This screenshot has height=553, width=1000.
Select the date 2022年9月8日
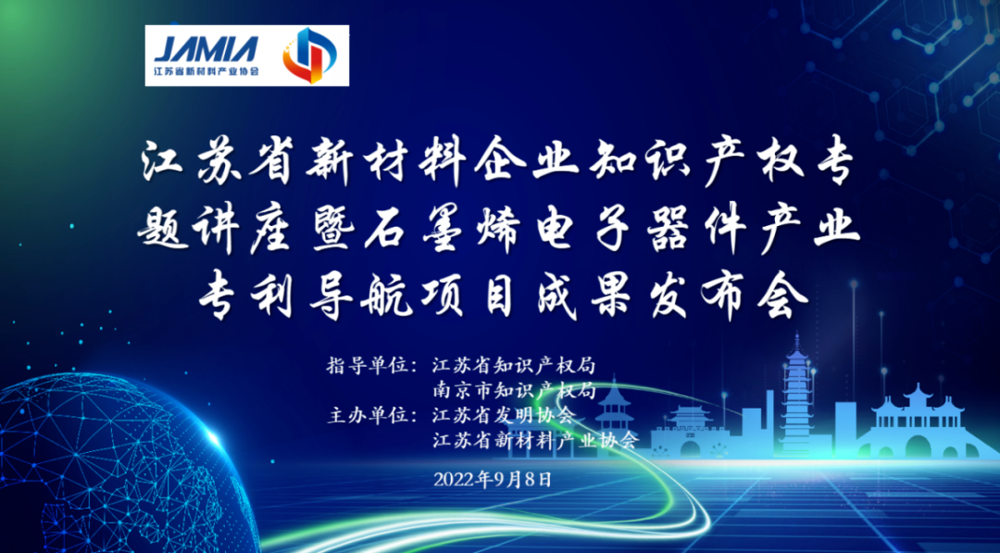[492, 479]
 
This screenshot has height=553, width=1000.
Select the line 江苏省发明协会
[505, 414]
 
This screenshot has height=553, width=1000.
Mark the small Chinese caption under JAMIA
[206, 70]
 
